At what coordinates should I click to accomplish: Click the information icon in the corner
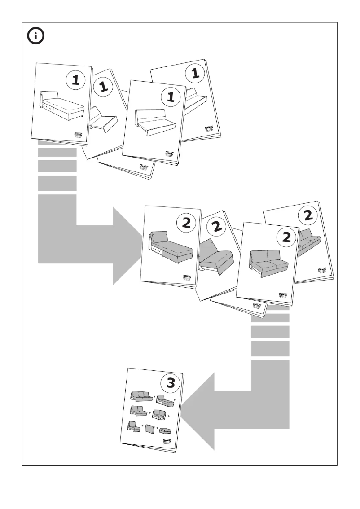pyautogui.click(x=36, y=36)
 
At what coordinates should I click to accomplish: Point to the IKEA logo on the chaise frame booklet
pyautogui.click(x=79, y=136)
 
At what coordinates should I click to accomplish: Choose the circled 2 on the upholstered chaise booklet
pyautogui.click(x=185, y=223)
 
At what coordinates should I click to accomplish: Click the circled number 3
pyautogui.click(x=171, y=383)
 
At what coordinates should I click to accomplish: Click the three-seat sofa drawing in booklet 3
pyautogui.click(x=140, y=395)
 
